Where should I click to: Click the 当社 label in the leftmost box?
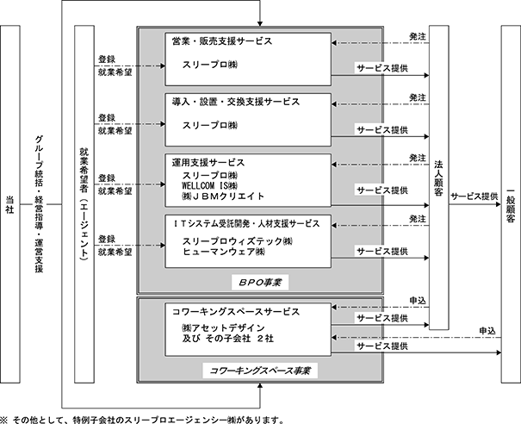coord(10,204)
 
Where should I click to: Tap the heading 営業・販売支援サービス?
coord(222,41)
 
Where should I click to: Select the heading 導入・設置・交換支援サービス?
coord(236,102)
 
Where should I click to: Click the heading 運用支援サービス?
coord(208,163)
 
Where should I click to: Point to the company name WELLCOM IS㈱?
coord(209,185)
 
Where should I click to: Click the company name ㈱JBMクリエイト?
coord(223,196)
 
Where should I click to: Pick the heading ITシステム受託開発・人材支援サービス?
coord(246,224)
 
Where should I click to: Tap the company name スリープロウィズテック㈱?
coord(237,241)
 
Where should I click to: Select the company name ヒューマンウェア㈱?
coord(223,252)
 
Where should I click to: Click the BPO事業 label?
coord(260,283)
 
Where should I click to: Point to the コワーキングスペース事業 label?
coord(260,371)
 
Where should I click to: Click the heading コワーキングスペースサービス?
coord(236,312)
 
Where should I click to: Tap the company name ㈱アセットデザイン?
coord(223,328)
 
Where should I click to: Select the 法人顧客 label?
coord(438,178)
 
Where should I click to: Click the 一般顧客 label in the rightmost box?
coord(511,205)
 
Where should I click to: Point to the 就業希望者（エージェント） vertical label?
coord(84,204)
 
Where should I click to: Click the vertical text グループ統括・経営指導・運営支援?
coord(40,204)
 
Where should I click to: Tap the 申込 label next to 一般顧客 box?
coord(487,331)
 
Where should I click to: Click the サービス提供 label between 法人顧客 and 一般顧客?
coord(474,196)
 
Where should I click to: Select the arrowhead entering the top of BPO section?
coord(260,24)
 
